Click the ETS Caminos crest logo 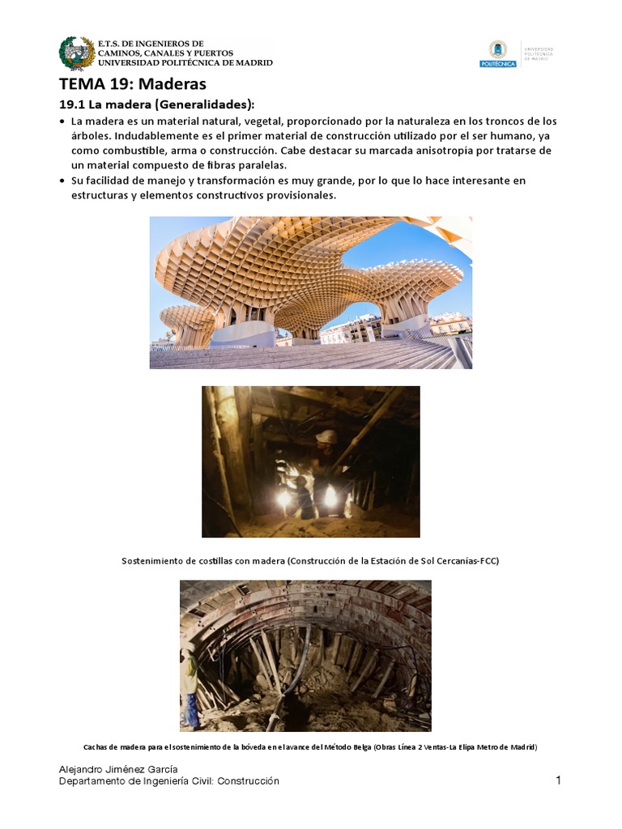coord(77,53)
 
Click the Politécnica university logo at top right coord(497,53)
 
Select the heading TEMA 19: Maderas coord(133,84)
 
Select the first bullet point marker coord(63,121)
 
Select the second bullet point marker coord(63,181)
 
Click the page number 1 coord(558,780)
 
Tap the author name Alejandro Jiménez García coord(119,768)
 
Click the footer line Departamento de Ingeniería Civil coord(170,781)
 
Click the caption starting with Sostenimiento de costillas coord(310,560)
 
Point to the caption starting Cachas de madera coord(310,746)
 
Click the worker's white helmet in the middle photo coord(326,436)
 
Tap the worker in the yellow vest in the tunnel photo coord(190,680)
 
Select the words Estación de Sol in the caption coord(417,560)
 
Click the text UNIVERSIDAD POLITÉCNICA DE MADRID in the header coord(185,63)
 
